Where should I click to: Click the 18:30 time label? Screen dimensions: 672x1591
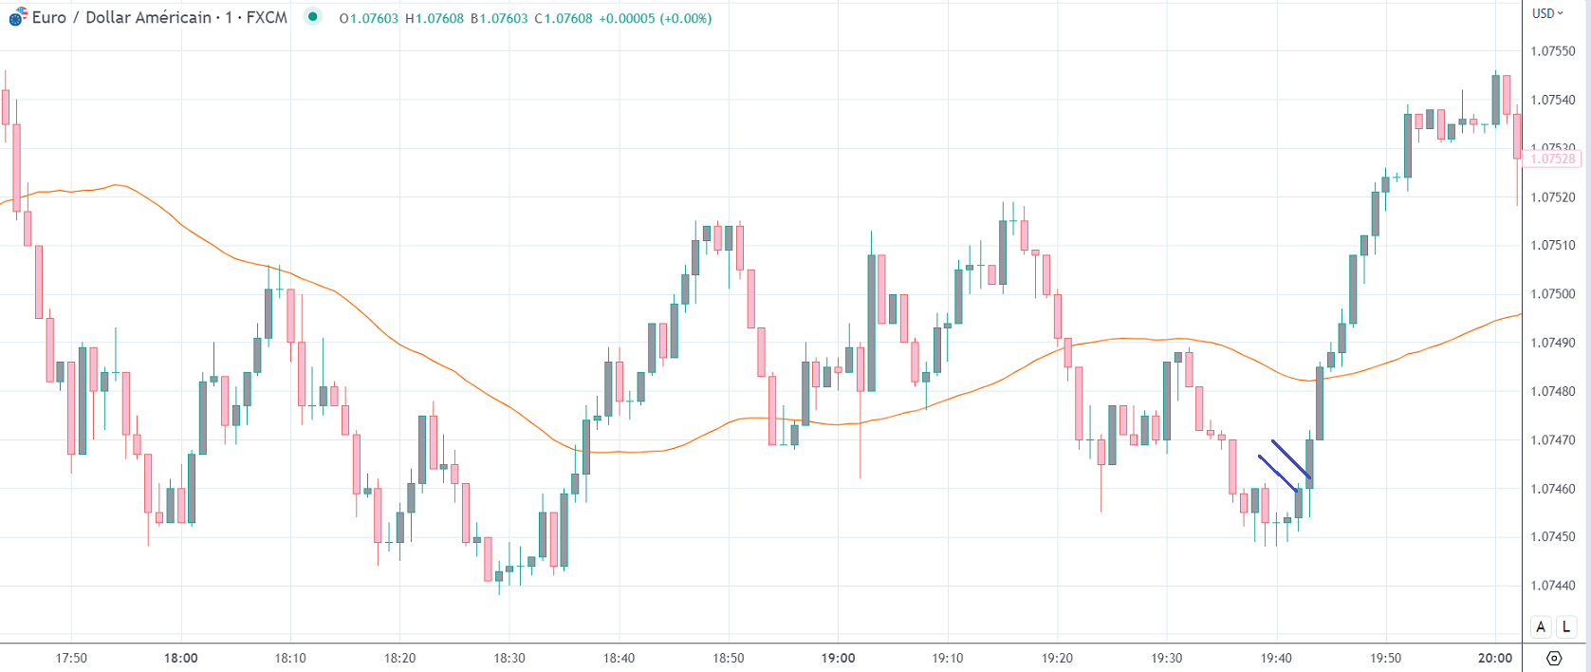[x=509, y=658]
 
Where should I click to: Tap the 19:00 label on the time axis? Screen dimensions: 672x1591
[x=838, y=658]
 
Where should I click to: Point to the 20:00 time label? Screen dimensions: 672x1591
[x=1495, y=658]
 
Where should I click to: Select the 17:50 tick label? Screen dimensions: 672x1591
[x=71, y=658]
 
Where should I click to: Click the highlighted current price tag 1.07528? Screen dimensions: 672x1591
[x=1553, y=159]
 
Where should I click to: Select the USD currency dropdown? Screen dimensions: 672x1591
[x=1547, y=13]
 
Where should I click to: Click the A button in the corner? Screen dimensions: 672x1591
[x=1541, y=626]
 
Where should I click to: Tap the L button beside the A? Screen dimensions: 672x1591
[x=1566, y=626]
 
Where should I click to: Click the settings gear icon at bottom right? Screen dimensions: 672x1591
[x=1554, y=658]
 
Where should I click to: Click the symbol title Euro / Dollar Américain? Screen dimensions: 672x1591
[x=121, y=18]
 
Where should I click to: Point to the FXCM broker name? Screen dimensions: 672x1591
[x=267, y=18]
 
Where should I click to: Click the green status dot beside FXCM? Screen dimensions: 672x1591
[x=312, y=17]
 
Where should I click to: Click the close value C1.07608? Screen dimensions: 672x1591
[x=563, y=18]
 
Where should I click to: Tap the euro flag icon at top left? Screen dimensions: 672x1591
[x=18, y=18]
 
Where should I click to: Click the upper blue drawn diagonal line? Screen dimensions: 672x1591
[x=1291, y=459]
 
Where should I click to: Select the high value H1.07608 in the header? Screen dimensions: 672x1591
[x=434, y=18]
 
